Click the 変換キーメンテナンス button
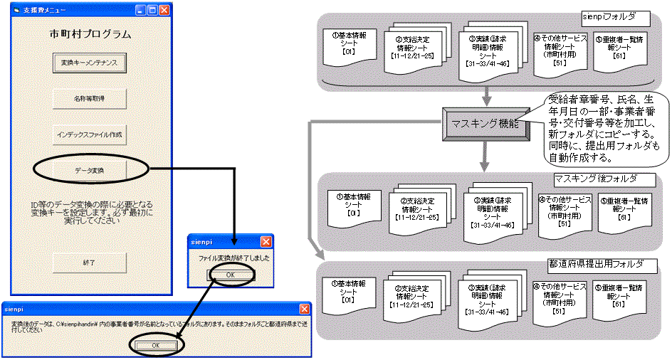click(89, 62)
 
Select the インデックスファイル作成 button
click(89, 133)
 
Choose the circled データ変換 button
click(89, 170)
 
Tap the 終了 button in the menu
click(89, 263)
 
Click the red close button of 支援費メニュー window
click(164, 11)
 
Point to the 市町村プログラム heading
click(89, 33)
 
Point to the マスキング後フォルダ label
click(594, 179)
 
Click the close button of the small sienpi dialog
click(266, 241)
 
